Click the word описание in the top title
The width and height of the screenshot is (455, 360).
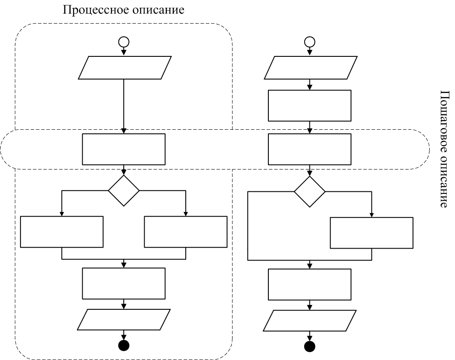[x=158, y=10]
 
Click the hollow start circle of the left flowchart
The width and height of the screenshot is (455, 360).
[x=124, y=42]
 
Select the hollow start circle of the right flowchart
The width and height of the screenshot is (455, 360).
[x=309, y=42]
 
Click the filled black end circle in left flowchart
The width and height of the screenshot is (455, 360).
[x=124, y=345]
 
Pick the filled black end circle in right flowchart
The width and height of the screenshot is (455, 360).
[x=309, y=346]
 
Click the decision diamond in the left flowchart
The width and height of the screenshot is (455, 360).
[x=124, y=190]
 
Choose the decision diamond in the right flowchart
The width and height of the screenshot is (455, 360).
[x=309, y=191]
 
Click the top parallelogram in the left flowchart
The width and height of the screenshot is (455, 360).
[x=125, y=68]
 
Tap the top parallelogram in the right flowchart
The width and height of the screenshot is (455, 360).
[x=310, y=68]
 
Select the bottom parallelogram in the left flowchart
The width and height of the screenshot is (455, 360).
[x=124, y=319]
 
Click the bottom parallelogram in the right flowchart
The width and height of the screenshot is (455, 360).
[x=309, y=321]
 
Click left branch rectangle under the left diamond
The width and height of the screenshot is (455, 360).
[x=62, y=232]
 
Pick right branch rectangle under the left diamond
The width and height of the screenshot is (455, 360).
[x=186, y=232]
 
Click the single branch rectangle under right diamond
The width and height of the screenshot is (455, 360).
[x=372, y=233]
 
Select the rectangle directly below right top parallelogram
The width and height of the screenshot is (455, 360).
[x=309, y=106]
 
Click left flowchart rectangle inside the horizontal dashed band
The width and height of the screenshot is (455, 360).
[x=124, y=149]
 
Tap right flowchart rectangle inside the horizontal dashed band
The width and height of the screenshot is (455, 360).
[x=309, y=149]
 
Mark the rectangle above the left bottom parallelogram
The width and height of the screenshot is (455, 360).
[x=124, y=284]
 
